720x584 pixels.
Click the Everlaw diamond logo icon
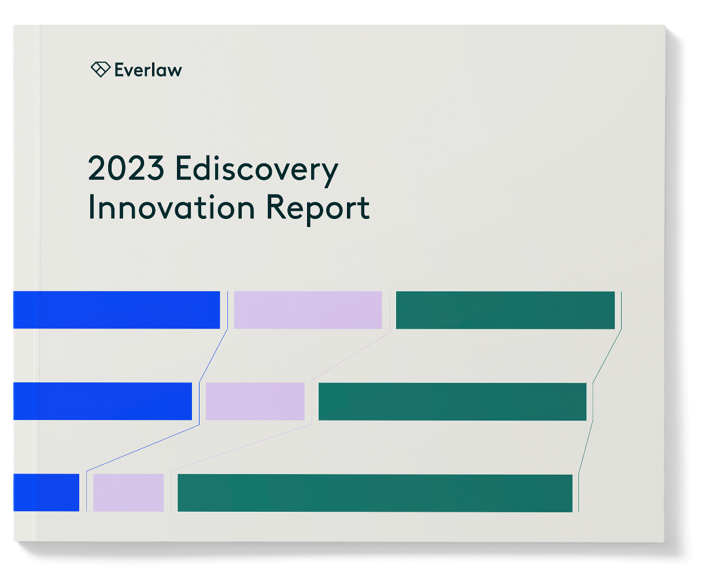[100, 69]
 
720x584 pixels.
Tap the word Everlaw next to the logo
[148, 70]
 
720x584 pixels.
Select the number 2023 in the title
[126, 169]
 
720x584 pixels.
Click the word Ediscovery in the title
[256, 170]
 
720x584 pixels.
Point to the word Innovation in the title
[171, 207]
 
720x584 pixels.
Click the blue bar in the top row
[116, 310]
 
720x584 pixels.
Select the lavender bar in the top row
[308, 310]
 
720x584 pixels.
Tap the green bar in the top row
[505, 310]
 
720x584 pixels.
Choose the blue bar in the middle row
[102, 401]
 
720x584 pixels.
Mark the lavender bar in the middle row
[255, 401]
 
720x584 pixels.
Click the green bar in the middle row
[452, 401]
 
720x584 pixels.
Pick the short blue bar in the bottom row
[46, 492]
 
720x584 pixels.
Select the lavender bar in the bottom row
[128, 492]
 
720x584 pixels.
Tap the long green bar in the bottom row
[375, 493]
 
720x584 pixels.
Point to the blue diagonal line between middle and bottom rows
[143, 448]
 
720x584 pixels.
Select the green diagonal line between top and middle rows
[607, 356]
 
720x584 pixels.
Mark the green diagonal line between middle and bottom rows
[585, 448]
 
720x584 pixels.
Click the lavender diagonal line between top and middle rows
[352, 356]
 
